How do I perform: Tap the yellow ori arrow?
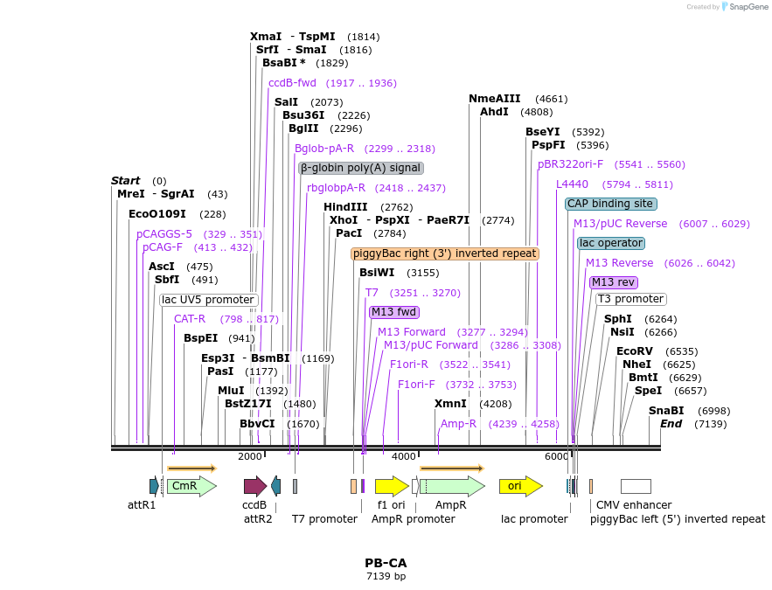(516, 485)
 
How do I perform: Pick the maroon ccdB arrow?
(255, 486)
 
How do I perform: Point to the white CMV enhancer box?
(636, 486)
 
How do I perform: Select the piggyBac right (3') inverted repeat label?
(445, 253)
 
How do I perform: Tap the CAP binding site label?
(610, 204)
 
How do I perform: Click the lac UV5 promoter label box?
(209, 300)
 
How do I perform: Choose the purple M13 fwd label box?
(394, 312)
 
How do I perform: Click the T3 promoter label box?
(630, 299)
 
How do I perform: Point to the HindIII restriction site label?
(345, 207)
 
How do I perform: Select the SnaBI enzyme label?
(665, 411)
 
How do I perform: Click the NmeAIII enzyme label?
(494, 99)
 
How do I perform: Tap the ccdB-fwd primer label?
(292, 83)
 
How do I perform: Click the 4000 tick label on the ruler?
(403, 456)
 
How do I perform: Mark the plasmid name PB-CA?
(386, 563)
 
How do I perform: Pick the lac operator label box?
(610, 243)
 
